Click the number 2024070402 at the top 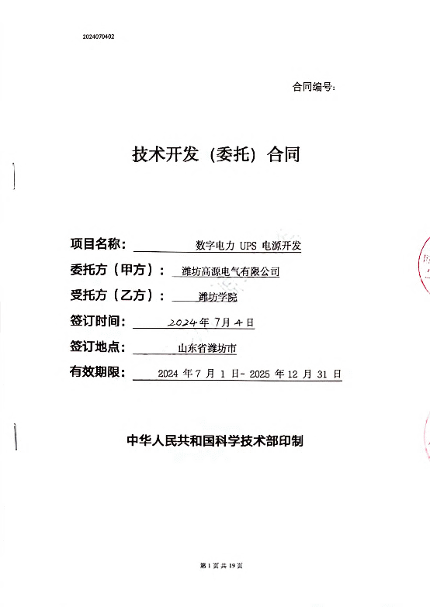(x=99, y=36)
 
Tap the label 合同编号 (x=312, y=87)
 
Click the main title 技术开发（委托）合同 (x=216, y=154)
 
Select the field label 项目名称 (x=95, y=244)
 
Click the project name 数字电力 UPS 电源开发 (x=248, y=246)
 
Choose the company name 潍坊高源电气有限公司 (x=231, y=271)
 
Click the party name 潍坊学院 (x=217, y=297)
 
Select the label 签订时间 (x=95, y=321)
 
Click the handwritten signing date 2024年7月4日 (x=210, y=322)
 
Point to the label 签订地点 (x=95, y=347)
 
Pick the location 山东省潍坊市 (x=207, y=348)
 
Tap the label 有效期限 (x=95, y=372)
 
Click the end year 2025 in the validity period (x=259, y=374)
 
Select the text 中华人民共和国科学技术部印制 (x=215, y=441)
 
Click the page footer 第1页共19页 (x=221, y=566)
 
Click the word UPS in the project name (x=248, y=246)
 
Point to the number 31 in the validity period (x=322, y=374)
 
